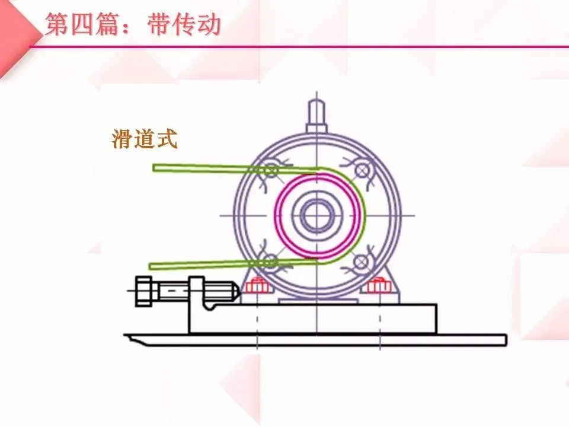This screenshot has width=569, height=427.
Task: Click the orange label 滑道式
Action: tap(144, 139)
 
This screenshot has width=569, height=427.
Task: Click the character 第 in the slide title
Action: tap(56, 26)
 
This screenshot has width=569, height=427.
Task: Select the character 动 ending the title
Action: tap(209, 26)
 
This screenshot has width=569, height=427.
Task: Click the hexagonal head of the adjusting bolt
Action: tap(144, 291)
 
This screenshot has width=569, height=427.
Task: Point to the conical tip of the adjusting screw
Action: tap(235, 291)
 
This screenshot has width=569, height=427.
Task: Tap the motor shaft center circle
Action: tap(318, 214)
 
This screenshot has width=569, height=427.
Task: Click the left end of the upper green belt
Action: tap(156, 167)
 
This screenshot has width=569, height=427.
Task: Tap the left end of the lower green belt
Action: tap(152, 265)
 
